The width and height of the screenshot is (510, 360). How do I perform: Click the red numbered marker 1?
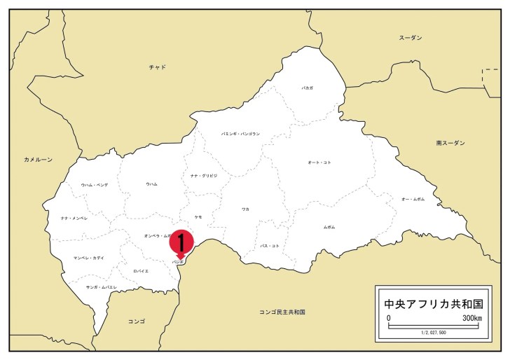pyautogui.click(x=181, y=242)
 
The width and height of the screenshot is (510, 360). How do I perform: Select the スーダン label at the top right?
pyautogui.click(x=411, y=37)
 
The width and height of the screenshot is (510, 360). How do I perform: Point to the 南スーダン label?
pyautogui.click(x=450, y=143)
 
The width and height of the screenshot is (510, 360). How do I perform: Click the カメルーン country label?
pyautogui.click(x=38, y=160)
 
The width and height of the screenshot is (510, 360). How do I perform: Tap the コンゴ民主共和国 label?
pyautogui.click(x=282, y=311)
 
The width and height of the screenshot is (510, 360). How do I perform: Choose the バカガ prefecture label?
pyautogui.click(x=308, y=89)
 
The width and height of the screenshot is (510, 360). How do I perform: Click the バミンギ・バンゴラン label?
pyautogui.click(x=240, y=133)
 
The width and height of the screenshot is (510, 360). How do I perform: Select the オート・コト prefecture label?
pyautogui.click(x=319, y=162)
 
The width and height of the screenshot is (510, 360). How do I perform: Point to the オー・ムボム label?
pyautogui.click(x=413, y=200)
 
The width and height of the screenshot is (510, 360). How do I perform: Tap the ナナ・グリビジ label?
pyautogui.click(x=204, y=175)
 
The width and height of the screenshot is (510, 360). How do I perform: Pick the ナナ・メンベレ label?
pyautogui.click(x=74, y=219)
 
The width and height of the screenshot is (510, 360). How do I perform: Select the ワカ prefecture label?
pyautogui.click(x=245, y=209)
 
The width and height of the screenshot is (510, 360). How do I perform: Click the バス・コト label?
pyautogui.click(x=270, y=246)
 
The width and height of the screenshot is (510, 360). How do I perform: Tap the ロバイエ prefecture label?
pyautogui.click(x=140, y=270)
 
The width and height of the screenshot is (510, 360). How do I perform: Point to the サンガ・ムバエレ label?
pyautogui.click(x=101, y=287)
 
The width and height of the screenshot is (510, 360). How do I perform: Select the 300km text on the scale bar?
pyautogui.click(x=471, y=319)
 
